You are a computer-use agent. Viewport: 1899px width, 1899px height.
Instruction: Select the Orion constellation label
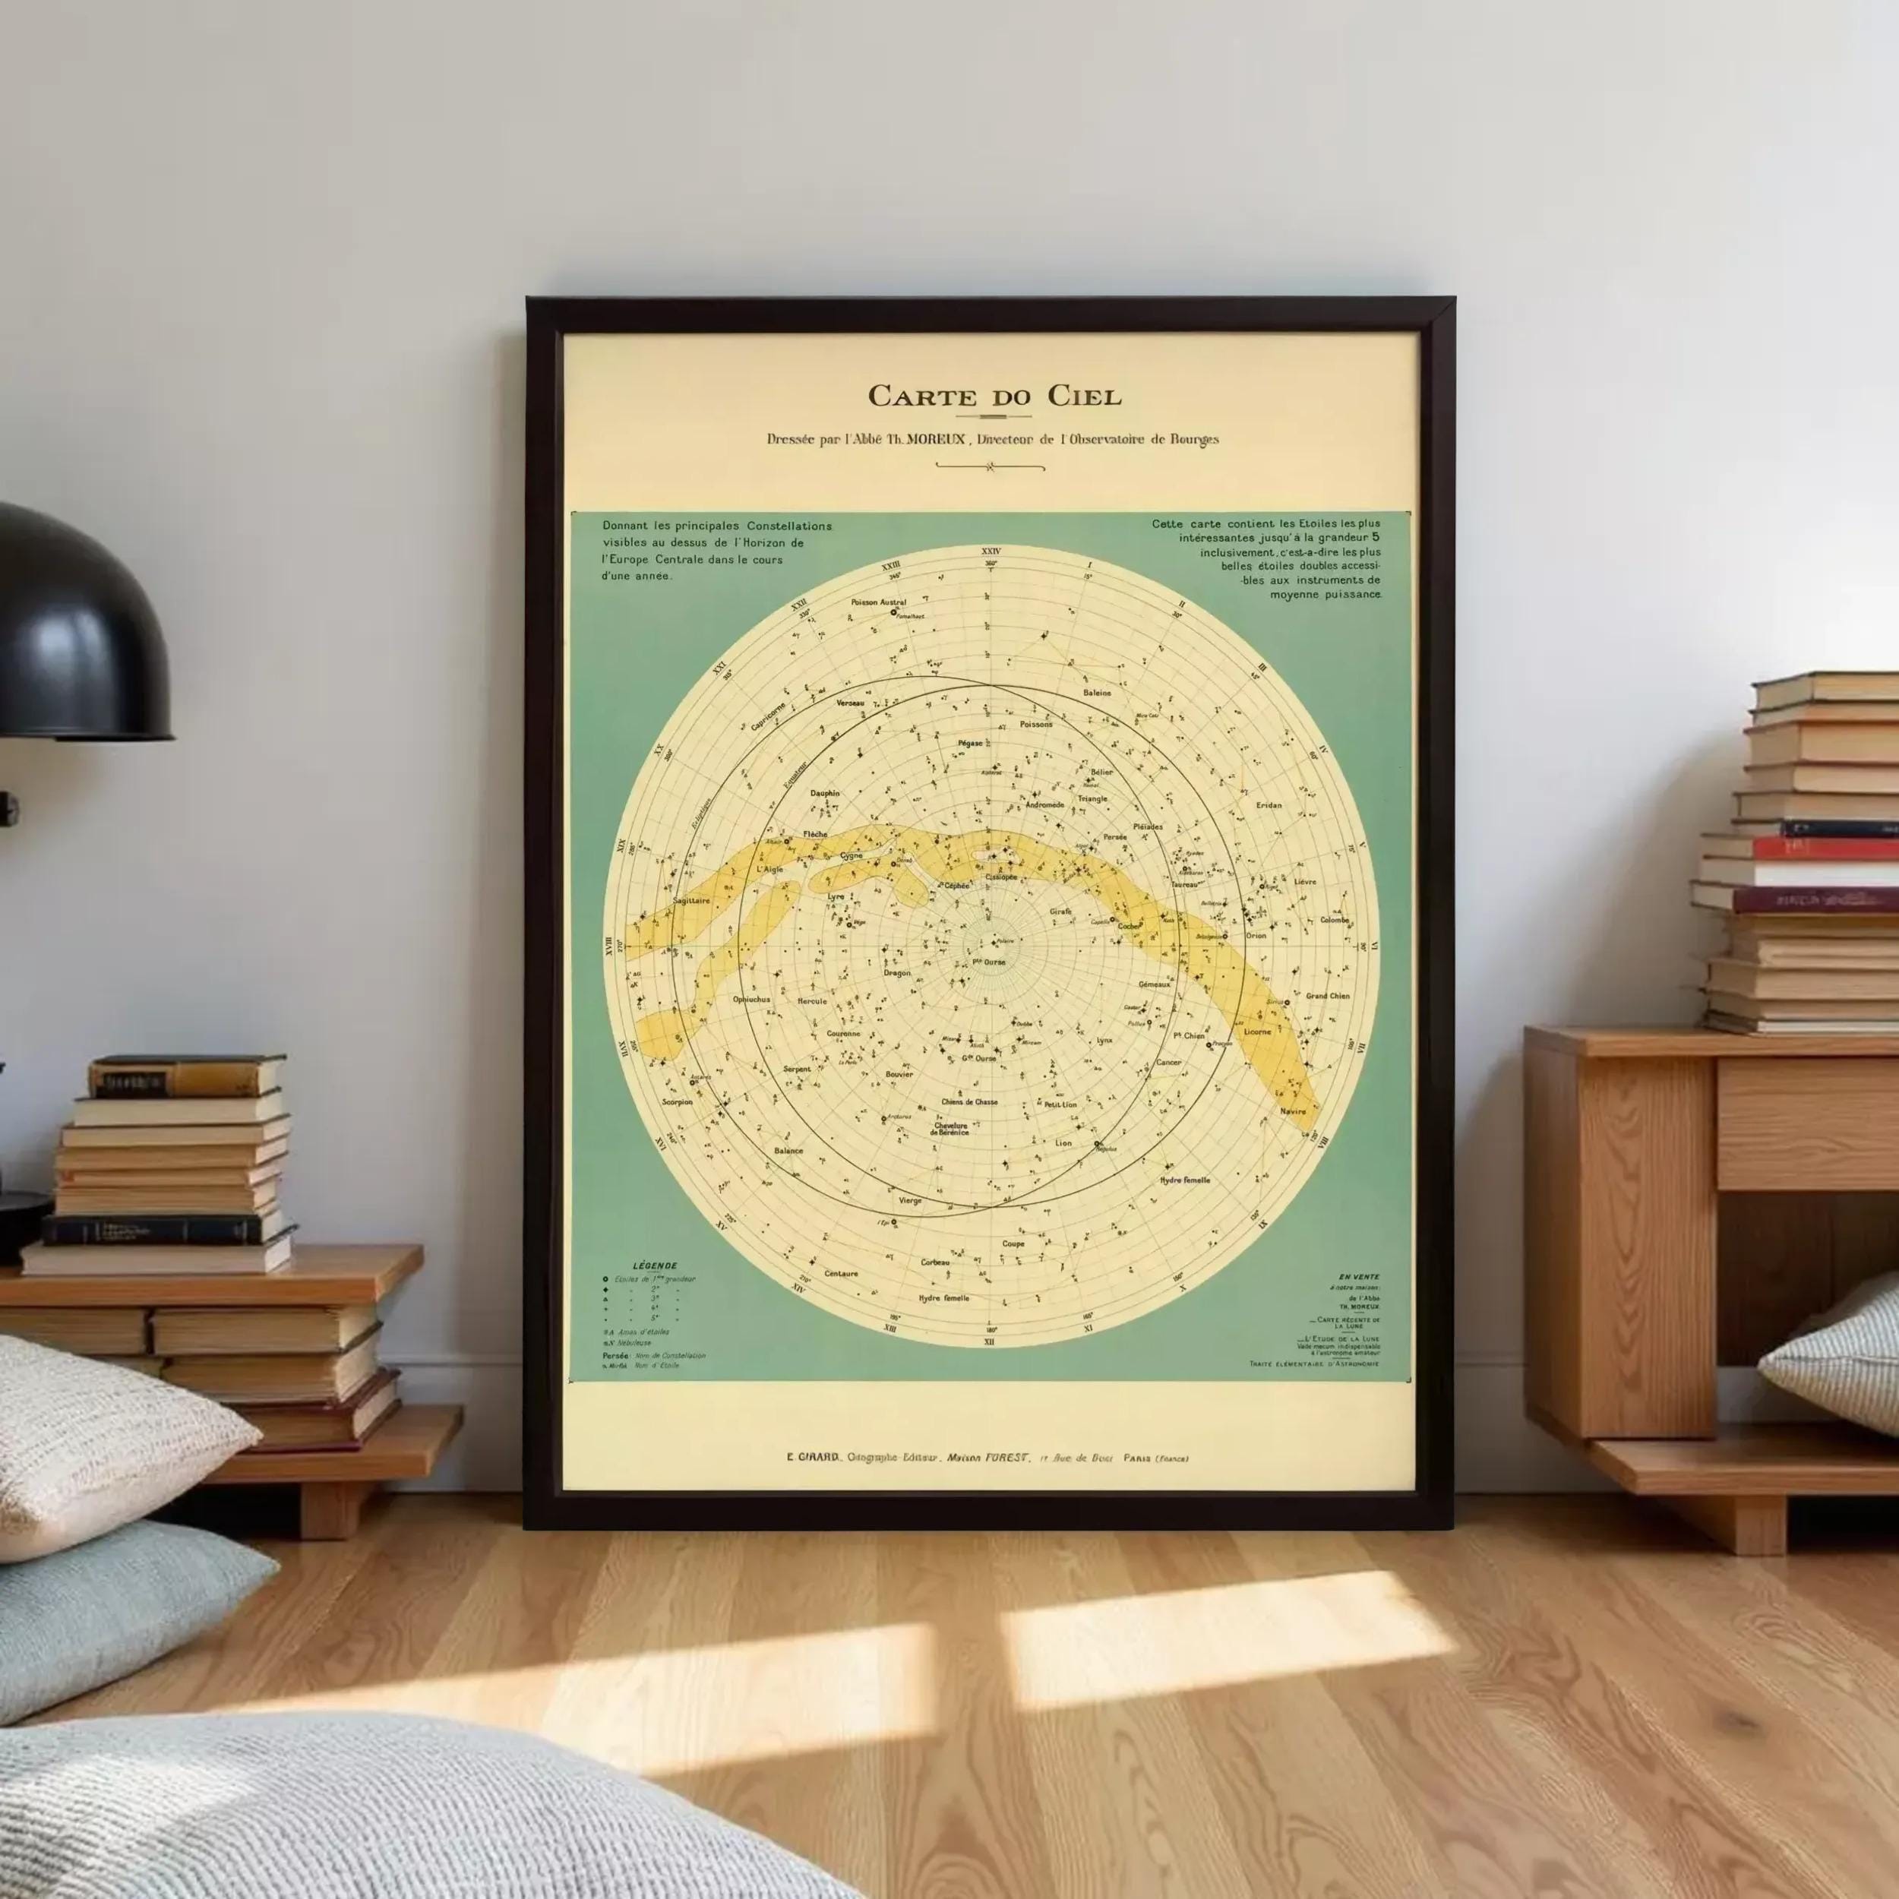[x=1256, y=936]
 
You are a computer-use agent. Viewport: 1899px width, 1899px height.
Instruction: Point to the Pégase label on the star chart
[x=970, y=743]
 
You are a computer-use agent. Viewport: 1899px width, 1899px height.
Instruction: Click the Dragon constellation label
[x=896, y=973]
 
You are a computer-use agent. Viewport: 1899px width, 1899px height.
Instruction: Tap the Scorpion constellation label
[x=678, y=1102]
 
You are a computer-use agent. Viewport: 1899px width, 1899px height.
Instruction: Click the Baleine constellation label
[x=1097, y=693]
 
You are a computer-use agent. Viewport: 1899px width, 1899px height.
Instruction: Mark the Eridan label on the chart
[x=1269, y=805]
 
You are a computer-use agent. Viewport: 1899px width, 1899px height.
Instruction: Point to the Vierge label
[x=910, y=1200]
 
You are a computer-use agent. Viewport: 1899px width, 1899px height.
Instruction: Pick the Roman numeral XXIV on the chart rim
[x=990, y=552]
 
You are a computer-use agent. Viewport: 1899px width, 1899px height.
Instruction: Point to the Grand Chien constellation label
[x=1327, y=996]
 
